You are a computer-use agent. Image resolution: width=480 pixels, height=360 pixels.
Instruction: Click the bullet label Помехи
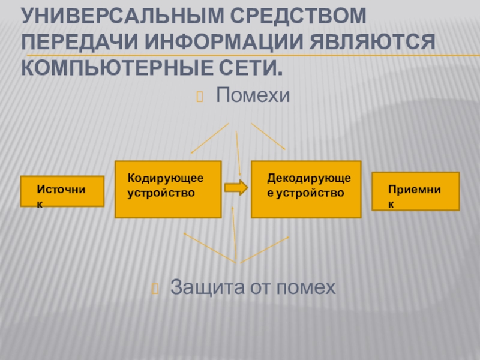click(x=253, y=94)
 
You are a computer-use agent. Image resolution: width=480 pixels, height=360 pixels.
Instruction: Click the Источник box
click(x=62, y=191)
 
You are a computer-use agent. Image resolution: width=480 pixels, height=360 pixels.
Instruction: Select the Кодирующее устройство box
click(x=168, y=189)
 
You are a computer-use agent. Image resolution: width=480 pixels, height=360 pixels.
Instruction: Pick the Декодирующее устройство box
click(x=306, y=189)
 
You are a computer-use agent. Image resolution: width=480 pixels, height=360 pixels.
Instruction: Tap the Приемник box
click(x=416, y=191)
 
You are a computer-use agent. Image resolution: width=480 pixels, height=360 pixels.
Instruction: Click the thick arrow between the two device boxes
click(x=236, y=187)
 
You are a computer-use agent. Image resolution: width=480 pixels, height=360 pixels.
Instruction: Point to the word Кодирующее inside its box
click(x=166, y=179)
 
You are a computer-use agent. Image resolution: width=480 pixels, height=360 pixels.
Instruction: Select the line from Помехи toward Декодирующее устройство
click(x=268, y=136)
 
